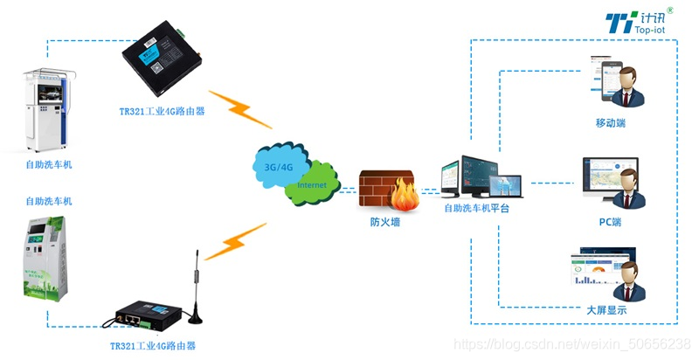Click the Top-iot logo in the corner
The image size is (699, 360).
pos(646,22)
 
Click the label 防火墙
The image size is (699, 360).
pos(385,222)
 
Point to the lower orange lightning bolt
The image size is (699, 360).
pos(234,242)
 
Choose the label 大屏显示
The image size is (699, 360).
pos(606,310)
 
